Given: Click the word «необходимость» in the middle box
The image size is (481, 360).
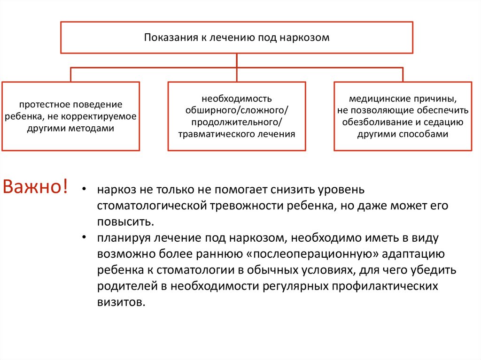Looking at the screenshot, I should pos(237,99).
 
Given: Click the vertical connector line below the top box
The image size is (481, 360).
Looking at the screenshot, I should pos(237,60).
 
